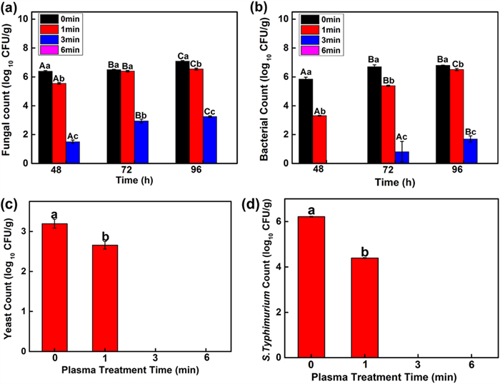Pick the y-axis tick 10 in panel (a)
click(26, 18)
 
